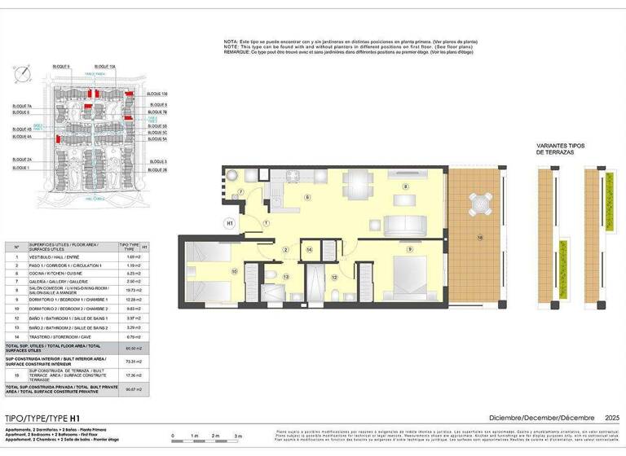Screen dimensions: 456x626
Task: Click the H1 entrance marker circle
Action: click(230, 221)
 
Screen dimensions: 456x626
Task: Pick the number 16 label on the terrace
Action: click(480, 238)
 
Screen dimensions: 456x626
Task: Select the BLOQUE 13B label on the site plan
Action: click(158, 94)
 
